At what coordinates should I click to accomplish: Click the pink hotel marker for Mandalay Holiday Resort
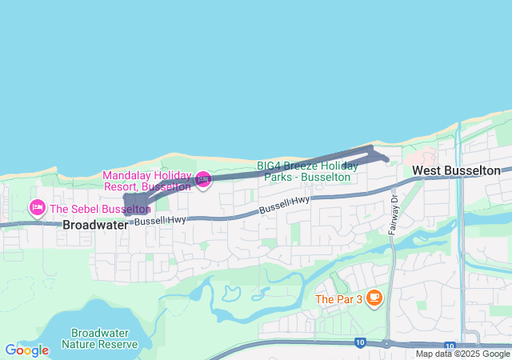[x=203, y=180]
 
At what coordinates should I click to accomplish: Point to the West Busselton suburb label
[x=456, y=170]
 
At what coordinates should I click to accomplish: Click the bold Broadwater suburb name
[x=95, y=225]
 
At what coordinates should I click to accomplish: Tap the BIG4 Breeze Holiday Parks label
[x=307, y=170]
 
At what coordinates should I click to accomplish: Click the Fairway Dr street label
[x=394, y=217]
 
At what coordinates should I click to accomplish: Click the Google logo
[x=26, y=350]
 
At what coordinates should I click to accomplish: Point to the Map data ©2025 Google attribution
[x=462, y=354]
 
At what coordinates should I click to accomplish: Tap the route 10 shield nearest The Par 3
[x=360, y=343]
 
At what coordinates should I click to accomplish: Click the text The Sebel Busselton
[x=100, y=210]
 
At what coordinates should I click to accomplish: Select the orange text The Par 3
[x=338, y=299]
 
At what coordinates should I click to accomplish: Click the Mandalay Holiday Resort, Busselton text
[x=146, y=181]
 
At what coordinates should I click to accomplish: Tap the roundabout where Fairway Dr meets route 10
[x=386, y=344]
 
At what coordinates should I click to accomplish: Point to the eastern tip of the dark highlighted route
[x=387, y=159]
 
